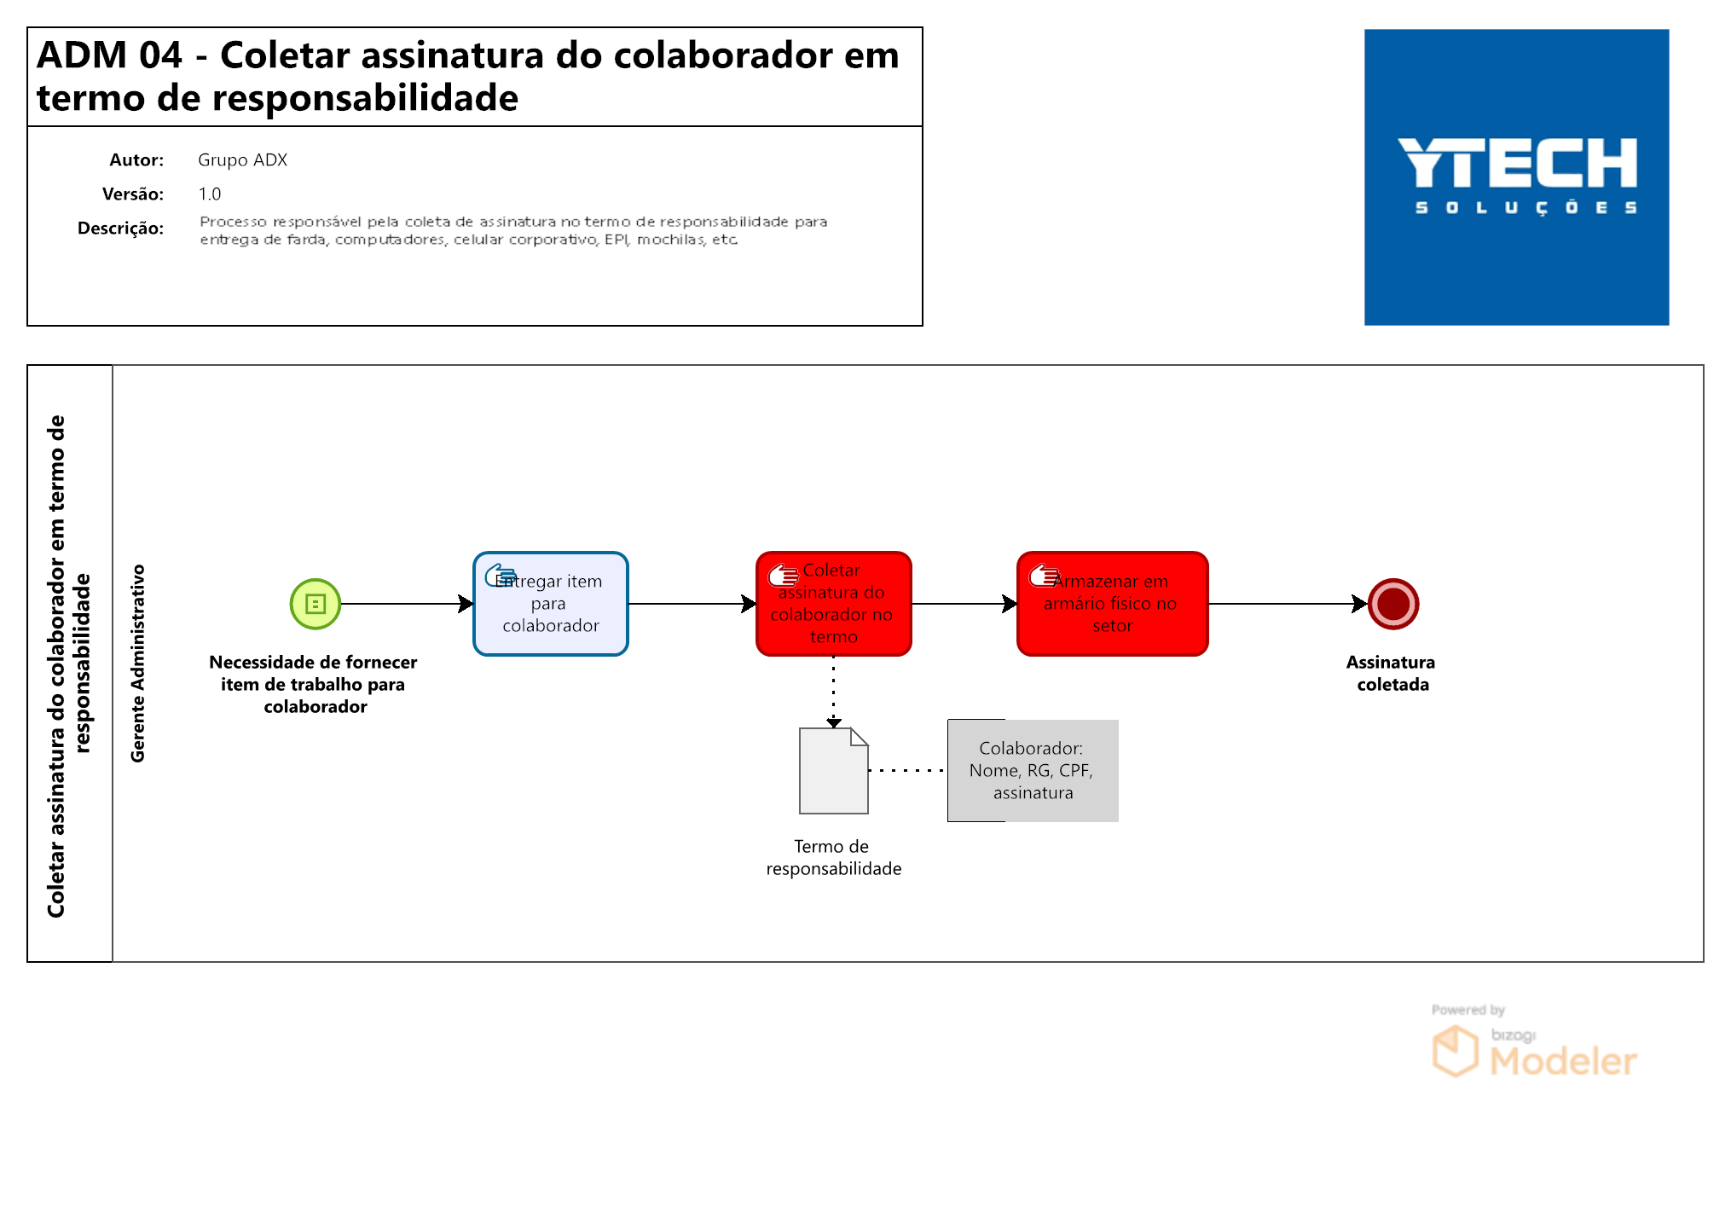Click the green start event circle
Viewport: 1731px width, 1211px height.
coord(316,604)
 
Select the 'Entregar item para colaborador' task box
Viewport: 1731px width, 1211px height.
coord(551,604)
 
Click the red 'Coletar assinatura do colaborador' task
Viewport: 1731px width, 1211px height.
coord(834,604)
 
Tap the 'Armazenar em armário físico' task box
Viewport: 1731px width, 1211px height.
coord(1113,604)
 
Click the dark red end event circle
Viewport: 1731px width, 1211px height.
coord(1393,604)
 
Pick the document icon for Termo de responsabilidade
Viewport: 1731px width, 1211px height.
coord(834,771)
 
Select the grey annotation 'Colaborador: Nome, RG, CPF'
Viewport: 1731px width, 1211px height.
coord(1033,771)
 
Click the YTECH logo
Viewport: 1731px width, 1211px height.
coord(1517,177)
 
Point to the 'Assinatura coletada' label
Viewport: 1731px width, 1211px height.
coord(1392,673)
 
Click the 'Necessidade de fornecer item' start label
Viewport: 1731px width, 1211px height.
coord(314,684)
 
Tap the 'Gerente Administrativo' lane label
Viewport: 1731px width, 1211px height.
coord(138,663)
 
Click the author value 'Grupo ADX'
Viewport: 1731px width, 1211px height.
coord(243,160)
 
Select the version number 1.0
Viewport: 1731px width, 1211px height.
coord(210,194)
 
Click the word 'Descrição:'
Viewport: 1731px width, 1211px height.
coord(120,229)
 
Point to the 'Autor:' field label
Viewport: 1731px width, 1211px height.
coord(136,160)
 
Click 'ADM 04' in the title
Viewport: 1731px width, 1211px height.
coord(110,55)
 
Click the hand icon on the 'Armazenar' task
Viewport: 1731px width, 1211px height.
coord(1044,576)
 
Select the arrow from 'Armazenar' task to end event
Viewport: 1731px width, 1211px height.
coord(1288,604)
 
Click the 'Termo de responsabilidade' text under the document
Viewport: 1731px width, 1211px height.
coord(834,857)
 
